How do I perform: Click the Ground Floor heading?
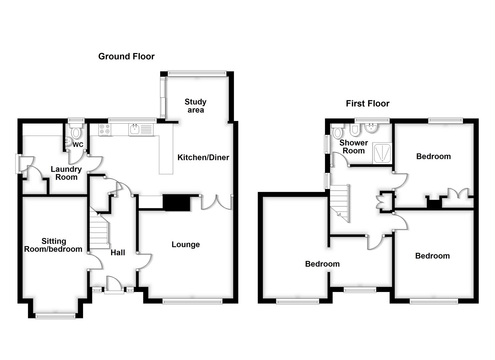tap(126, 56)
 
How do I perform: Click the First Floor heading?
tap(367, 104)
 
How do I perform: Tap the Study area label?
tap(195, 106)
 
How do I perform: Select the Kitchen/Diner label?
tap(203, 157)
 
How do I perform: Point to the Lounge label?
tap(186, 245)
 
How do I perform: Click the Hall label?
tap(118, 253)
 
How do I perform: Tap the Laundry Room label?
tap(66, 173)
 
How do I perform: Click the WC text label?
tap(78, 145)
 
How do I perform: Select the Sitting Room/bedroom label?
tap(53, 245)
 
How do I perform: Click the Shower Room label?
tap(353, 147)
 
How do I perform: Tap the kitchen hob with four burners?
tap(104, 130)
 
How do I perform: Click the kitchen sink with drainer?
tap(141, 130)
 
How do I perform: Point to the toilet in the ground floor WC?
tap(76, 133)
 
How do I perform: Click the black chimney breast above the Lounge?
tap(176, 203)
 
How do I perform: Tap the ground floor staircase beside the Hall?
tap(99, 230)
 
